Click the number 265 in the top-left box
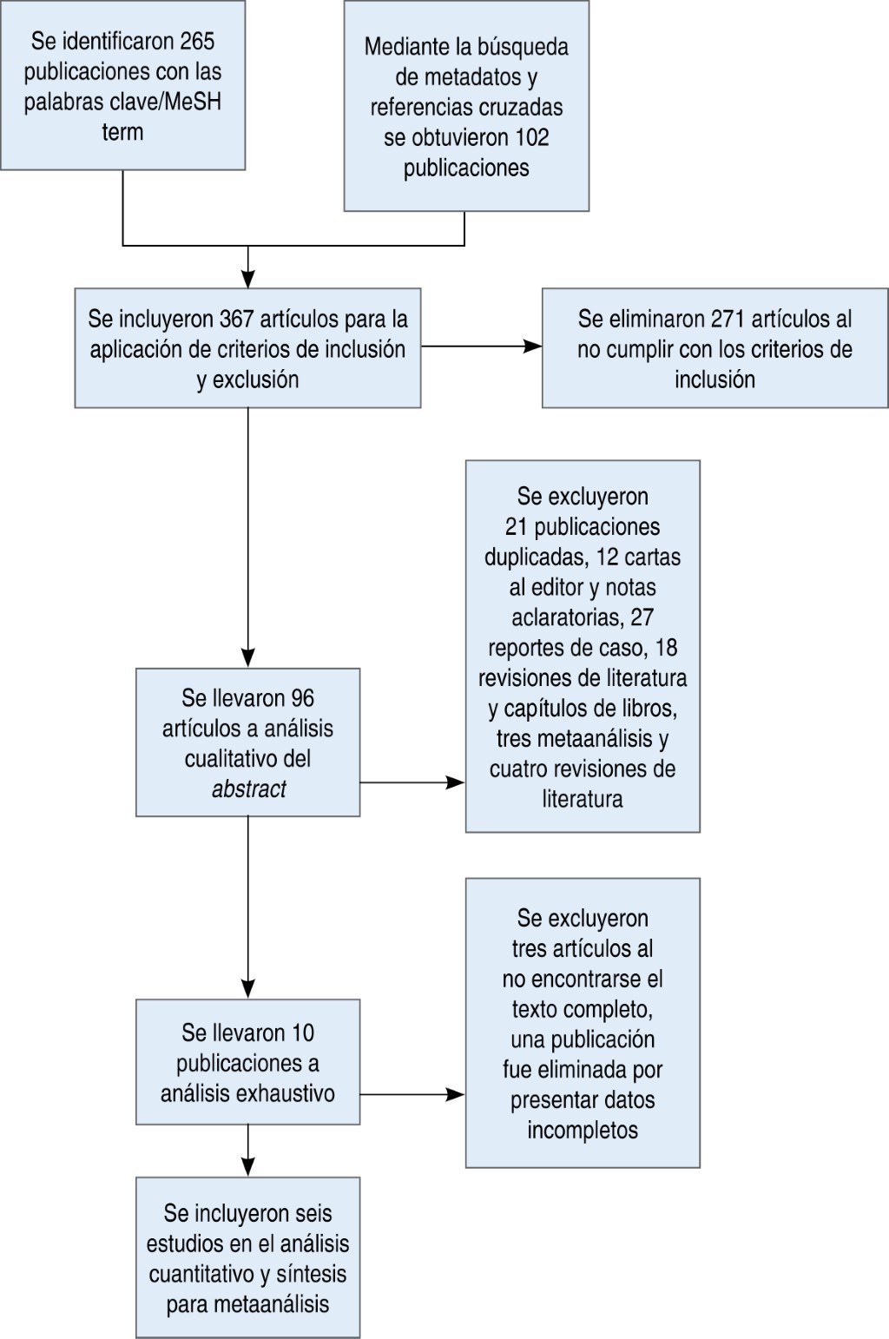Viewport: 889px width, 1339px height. [197, 41]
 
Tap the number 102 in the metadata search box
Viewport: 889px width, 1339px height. [531, 137]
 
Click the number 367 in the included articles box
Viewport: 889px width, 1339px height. [236, 319]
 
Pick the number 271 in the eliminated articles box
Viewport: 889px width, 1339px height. [728, 319]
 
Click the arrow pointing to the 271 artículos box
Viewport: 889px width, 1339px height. [531, 346]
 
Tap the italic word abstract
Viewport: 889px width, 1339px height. [248, 789]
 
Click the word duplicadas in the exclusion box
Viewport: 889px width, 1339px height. [535, 557]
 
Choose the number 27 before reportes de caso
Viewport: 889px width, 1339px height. [642, 617]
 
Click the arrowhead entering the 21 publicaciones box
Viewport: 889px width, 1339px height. [455, 782]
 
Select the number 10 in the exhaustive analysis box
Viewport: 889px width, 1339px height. [303, 1033]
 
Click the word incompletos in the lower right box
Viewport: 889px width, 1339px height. [583, 1131]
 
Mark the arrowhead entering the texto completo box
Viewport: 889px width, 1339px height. [455, 1095]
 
